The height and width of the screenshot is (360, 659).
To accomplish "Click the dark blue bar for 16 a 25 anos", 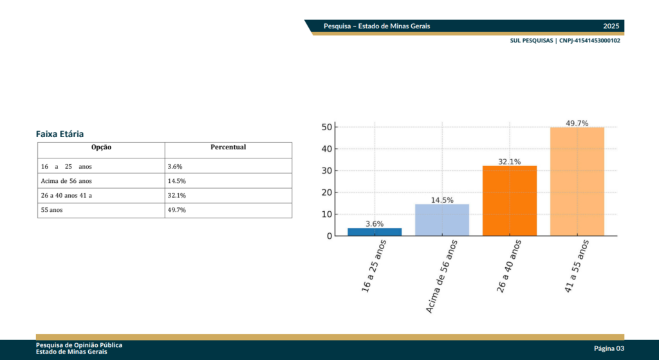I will (x=375, y=232).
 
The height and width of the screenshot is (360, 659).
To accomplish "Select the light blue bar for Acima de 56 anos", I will (x=442, y=220).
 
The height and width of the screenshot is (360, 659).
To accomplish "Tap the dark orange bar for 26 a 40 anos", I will (x=510, y=201).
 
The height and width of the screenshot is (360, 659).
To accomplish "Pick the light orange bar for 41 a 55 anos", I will (x=577, y=182).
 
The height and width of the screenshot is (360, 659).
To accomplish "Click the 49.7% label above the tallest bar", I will (x=577, y=123).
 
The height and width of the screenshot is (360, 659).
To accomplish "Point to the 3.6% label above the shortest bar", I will (x=375, y=223).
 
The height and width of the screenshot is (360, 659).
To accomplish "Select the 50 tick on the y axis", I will (x=326, y=128).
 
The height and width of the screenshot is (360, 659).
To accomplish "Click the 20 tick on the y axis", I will (x=326, y=193).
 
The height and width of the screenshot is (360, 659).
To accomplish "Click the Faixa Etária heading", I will (x=60, y=134).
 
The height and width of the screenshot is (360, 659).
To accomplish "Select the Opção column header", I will (x=101, y=147).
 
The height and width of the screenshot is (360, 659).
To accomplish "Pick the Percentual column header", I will (x=228, y=147).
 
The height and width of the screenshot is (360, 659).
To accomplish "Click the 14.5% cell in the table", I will (x=176, y=181).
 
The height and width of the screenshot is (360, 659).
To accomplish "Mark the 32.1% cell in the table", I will (x=176, y=195).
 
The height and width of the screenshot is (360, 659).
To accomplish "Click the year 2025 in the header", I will (x=611, y=26).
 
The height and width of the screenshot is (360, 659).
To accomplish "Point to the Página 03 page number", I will (x=609, y=348).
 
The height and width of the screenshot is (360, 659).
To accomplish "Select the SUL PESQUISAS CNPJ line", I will (x=565, y=41).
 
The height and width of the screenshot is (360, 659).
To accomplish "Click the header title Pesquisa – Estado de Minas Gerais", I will (x=377, y=26).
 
